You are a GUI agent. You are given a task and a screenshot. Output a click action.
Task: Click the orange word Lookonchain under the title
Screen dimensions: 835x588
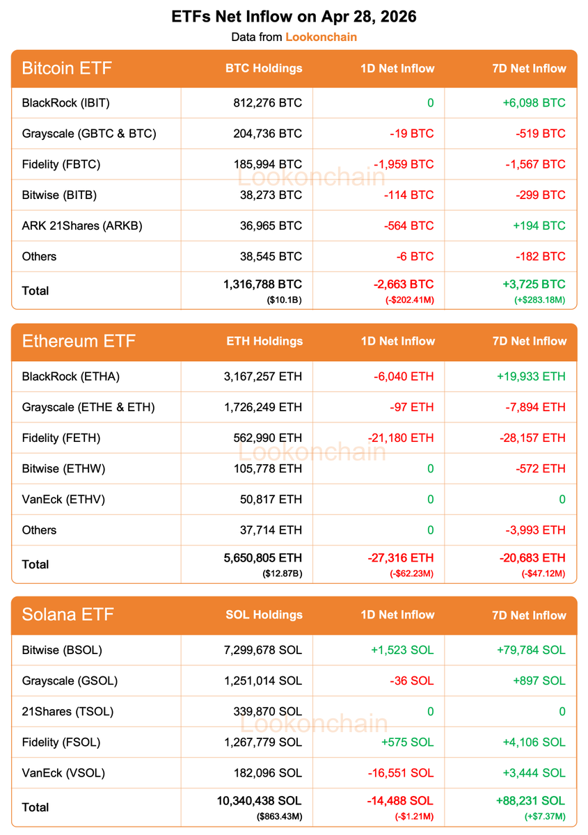(321, 37)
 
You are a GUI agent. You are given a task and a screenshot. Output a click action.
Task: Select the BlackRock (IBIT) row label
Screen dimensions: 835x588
(66, 103)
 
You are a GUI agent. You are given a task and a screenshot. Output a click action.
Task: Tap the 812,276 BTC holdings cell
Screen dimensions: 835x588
(268, 103)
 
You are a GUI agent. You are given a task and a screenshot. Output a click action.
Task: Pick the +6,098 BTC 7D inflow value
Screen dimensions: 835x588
(534, 103)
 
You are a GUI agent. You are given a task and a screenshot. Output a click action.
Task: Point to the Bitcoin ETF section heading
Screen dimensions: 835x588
(67, 68)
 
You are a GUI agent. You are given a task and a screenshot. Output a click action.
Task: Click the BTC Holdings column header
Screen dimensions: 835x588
(264, 68)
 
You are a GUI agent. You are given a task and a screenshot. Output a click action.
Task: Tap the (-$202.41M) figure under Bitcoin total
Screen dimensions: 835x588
(409, 300)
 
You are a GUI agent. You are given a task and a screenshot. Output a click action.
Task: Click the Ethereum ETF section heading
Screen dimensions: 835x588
(79, 341)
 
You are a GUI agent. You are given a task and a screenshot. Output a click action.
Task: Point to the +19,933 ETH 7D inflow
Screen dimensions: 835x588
(531, 376)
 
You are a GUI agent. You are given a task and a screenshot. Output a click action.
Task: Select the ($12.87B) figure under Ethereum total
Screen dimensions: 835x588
(282, 573)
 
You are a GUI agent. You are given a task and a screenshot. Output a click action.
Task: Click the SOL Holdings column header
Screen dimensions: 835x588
(264, 614)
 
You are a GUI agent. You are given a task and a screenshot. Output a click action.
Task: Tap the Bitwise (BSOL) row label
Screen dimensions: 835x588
(62, 650)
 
